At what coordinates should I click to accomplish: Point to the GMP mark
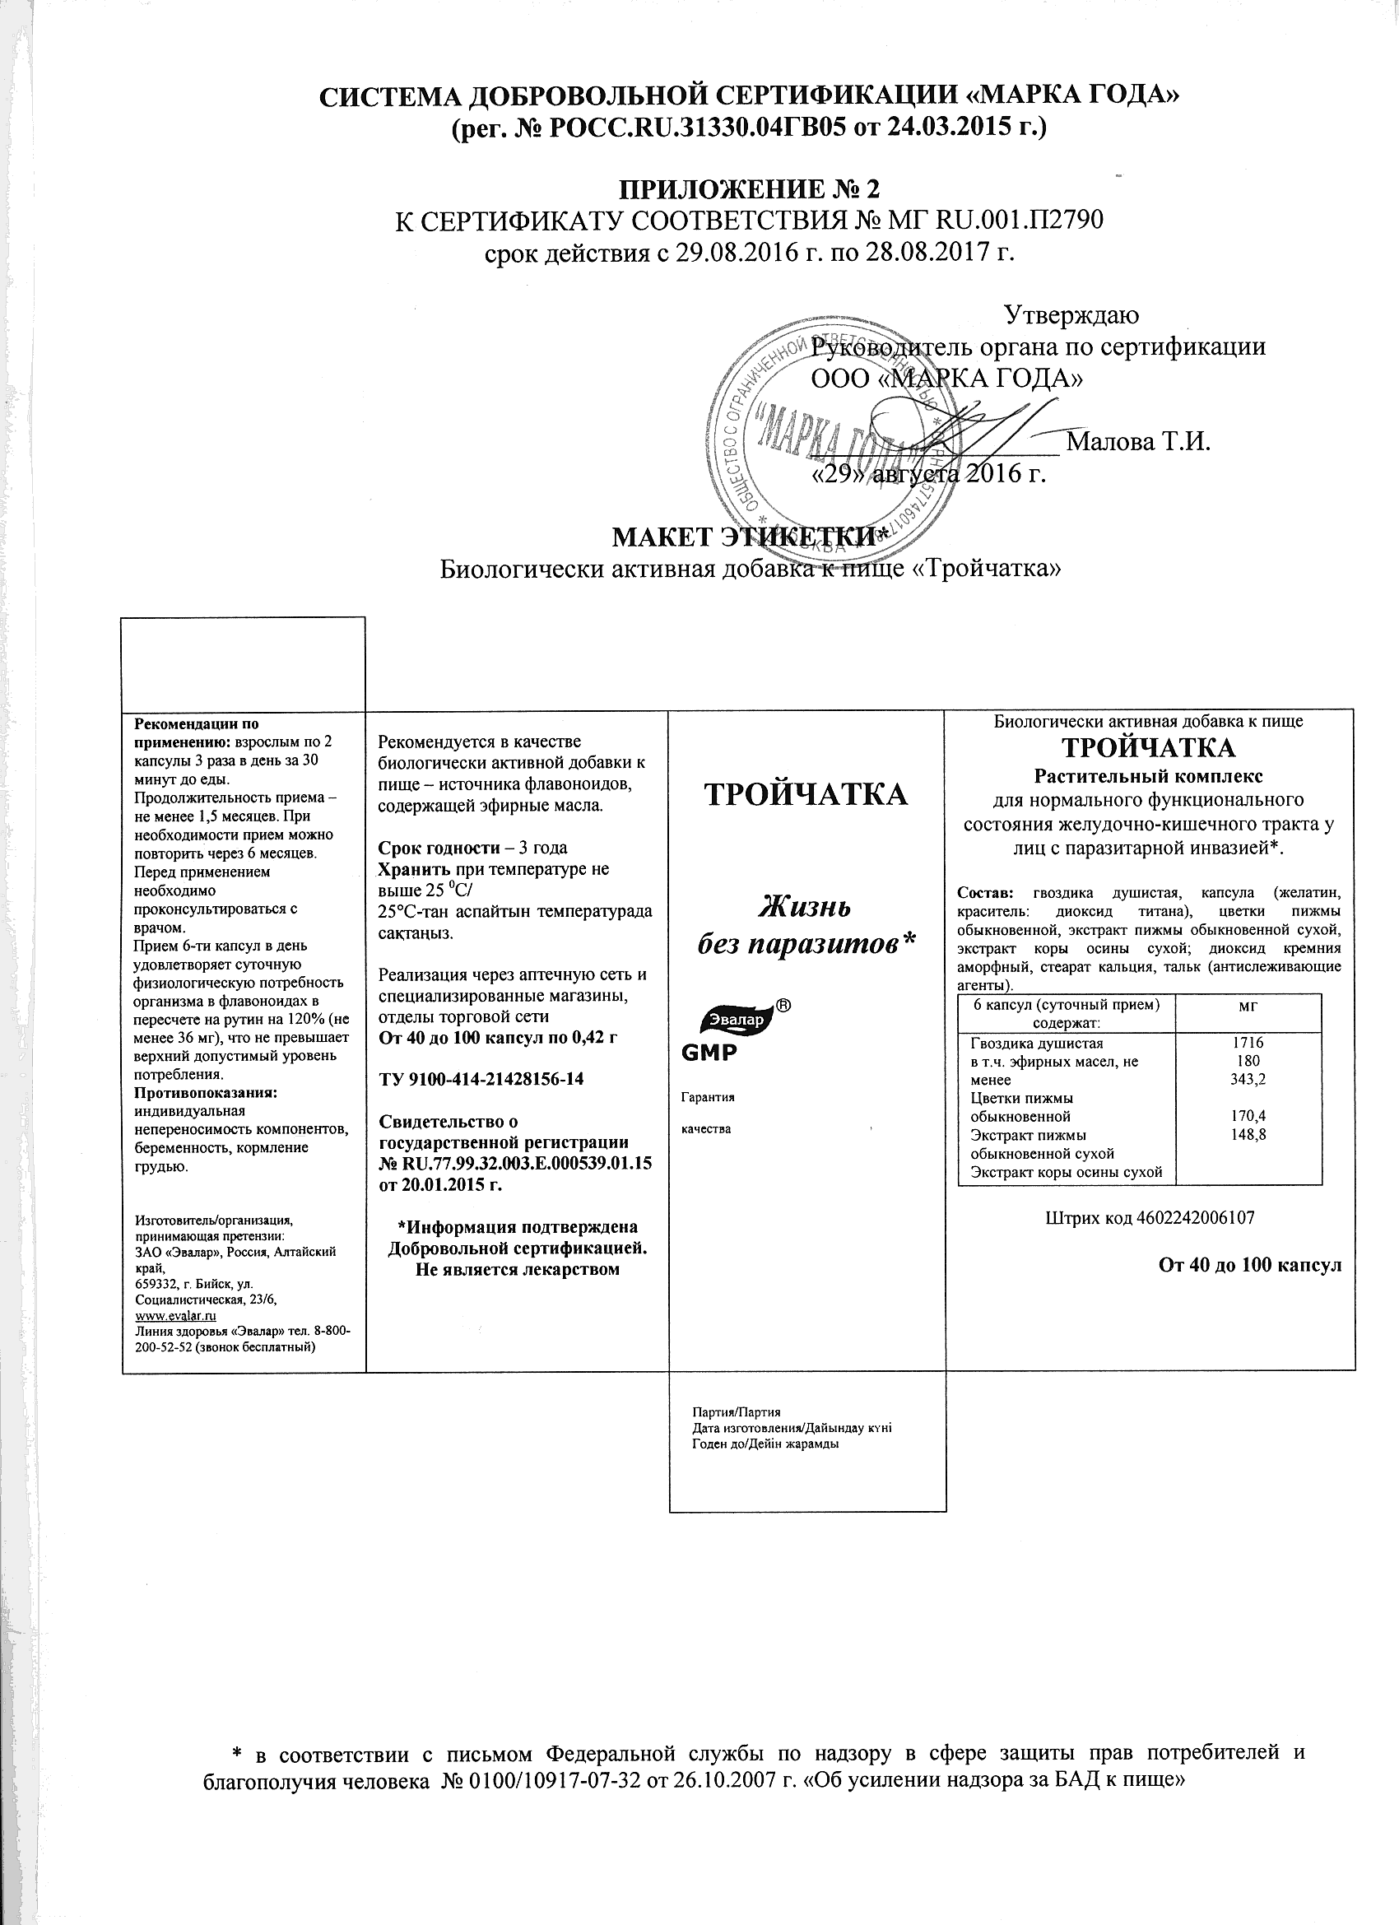point(709,1053)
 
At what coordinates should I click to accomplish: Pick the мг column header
point(1248,1005)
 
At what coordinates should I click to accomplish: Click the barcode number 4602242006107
point(1195,1217)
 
